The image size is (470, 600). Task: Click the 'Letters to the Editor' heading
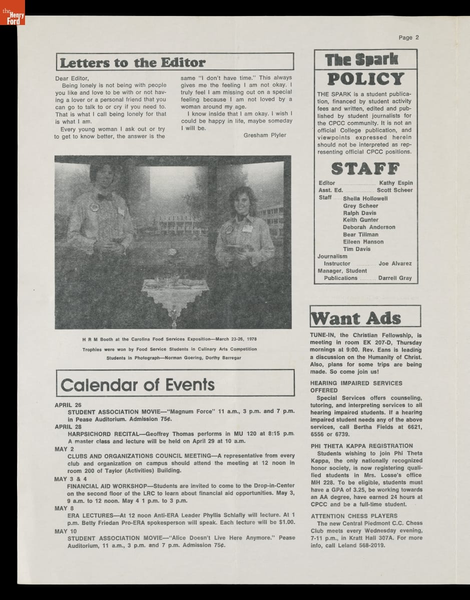[133, 62]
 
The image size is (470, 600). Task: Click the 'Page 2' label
[408, 37]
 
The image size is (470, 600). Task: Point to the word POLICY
[365, 79]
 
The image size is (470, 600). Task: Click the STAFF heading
[365, 168]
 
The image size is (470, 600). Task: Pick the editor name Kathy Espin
[395, 183]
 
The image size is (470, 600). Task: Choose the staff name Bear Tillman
[360, 234]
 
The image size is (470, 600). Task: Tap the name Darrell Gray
[395, 278]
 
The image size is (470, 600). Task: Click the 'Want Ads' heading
[356, 318]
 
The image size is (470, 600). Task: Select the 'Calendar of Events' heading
[138, 384]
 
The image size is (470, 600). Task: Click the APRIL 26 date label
[68, 404]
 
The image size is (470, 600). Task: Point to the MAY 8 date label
[65, 508]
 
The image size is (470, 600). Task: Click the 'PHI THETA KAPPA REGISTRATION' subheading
[361, 446]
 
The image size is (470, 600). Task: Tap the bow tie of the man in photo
[104, 196]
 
